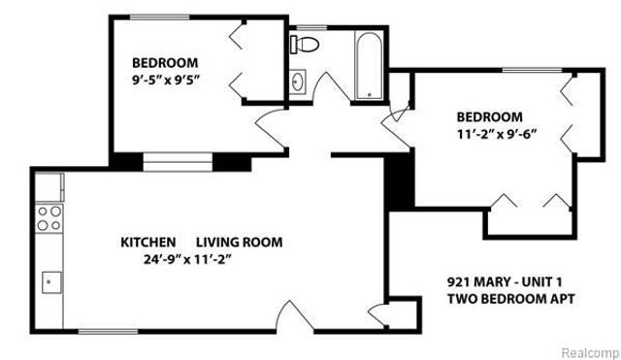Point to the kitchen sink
point(49,281)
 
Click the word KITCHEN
point(147,242)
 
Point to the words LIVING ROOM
point(240,242)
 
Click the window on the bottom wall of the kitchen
point(106,333)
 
